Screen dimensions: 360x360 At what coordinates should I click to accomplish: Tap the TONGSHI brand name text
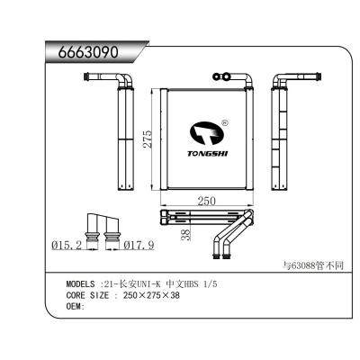208,153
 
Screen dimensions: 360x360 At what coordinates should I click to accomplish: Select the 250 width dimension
207,202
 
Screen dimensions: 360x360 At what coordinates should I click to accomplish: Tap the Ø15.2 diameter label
66,244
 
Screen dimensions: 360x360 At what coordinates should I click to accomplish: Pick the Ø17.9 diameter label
139,244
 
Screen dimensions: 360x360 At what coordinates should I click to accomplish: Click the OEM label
76,307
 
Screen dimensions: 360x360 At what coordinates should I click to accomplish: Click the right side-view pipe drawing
283,126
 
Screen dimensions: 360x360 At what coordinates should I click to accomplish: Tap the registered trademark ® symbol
224,123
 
